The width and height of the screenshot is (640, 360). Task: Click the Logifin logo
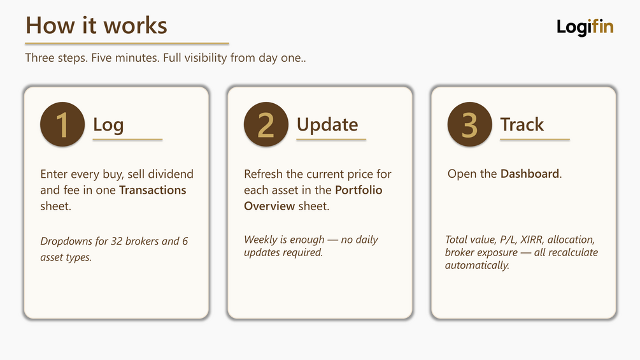[585, 27]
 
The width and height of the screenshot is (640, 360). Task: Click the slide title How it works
[96, 25]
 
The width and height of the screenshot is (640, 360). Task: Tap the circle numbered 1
[62, 124]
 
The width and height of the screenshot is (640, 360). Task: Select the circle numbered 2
[266, 124]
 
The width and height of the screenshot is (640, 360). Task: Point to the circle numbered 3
[470, 124]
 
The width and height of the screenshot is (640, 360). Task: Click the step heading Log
[108, 125]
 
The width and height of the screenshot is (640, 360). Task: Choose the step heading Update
[327, 125]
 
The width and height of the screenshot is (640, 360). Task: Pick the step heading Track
[522, 124]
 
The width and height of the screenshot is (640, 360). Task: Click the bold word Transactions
[153, 191]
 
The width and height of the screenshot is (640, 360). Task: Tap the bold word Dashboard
[530, 174]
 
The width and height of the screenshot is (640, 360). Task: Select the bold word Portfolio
[359, 191]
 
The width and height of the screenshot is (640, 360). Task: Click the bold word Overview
[269, 206]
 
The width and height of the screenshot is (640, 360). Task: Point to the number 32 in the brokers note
[117, 241]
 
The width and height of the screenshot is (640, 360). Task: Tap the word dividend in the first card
[171, 175]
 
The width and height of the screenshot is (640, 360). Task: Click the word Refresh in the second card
[263, 175]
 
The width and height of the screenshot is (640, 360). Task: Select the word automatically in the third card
[477, 265]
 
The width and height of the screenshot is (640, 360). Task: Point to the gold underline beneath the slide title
[127, 43]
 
